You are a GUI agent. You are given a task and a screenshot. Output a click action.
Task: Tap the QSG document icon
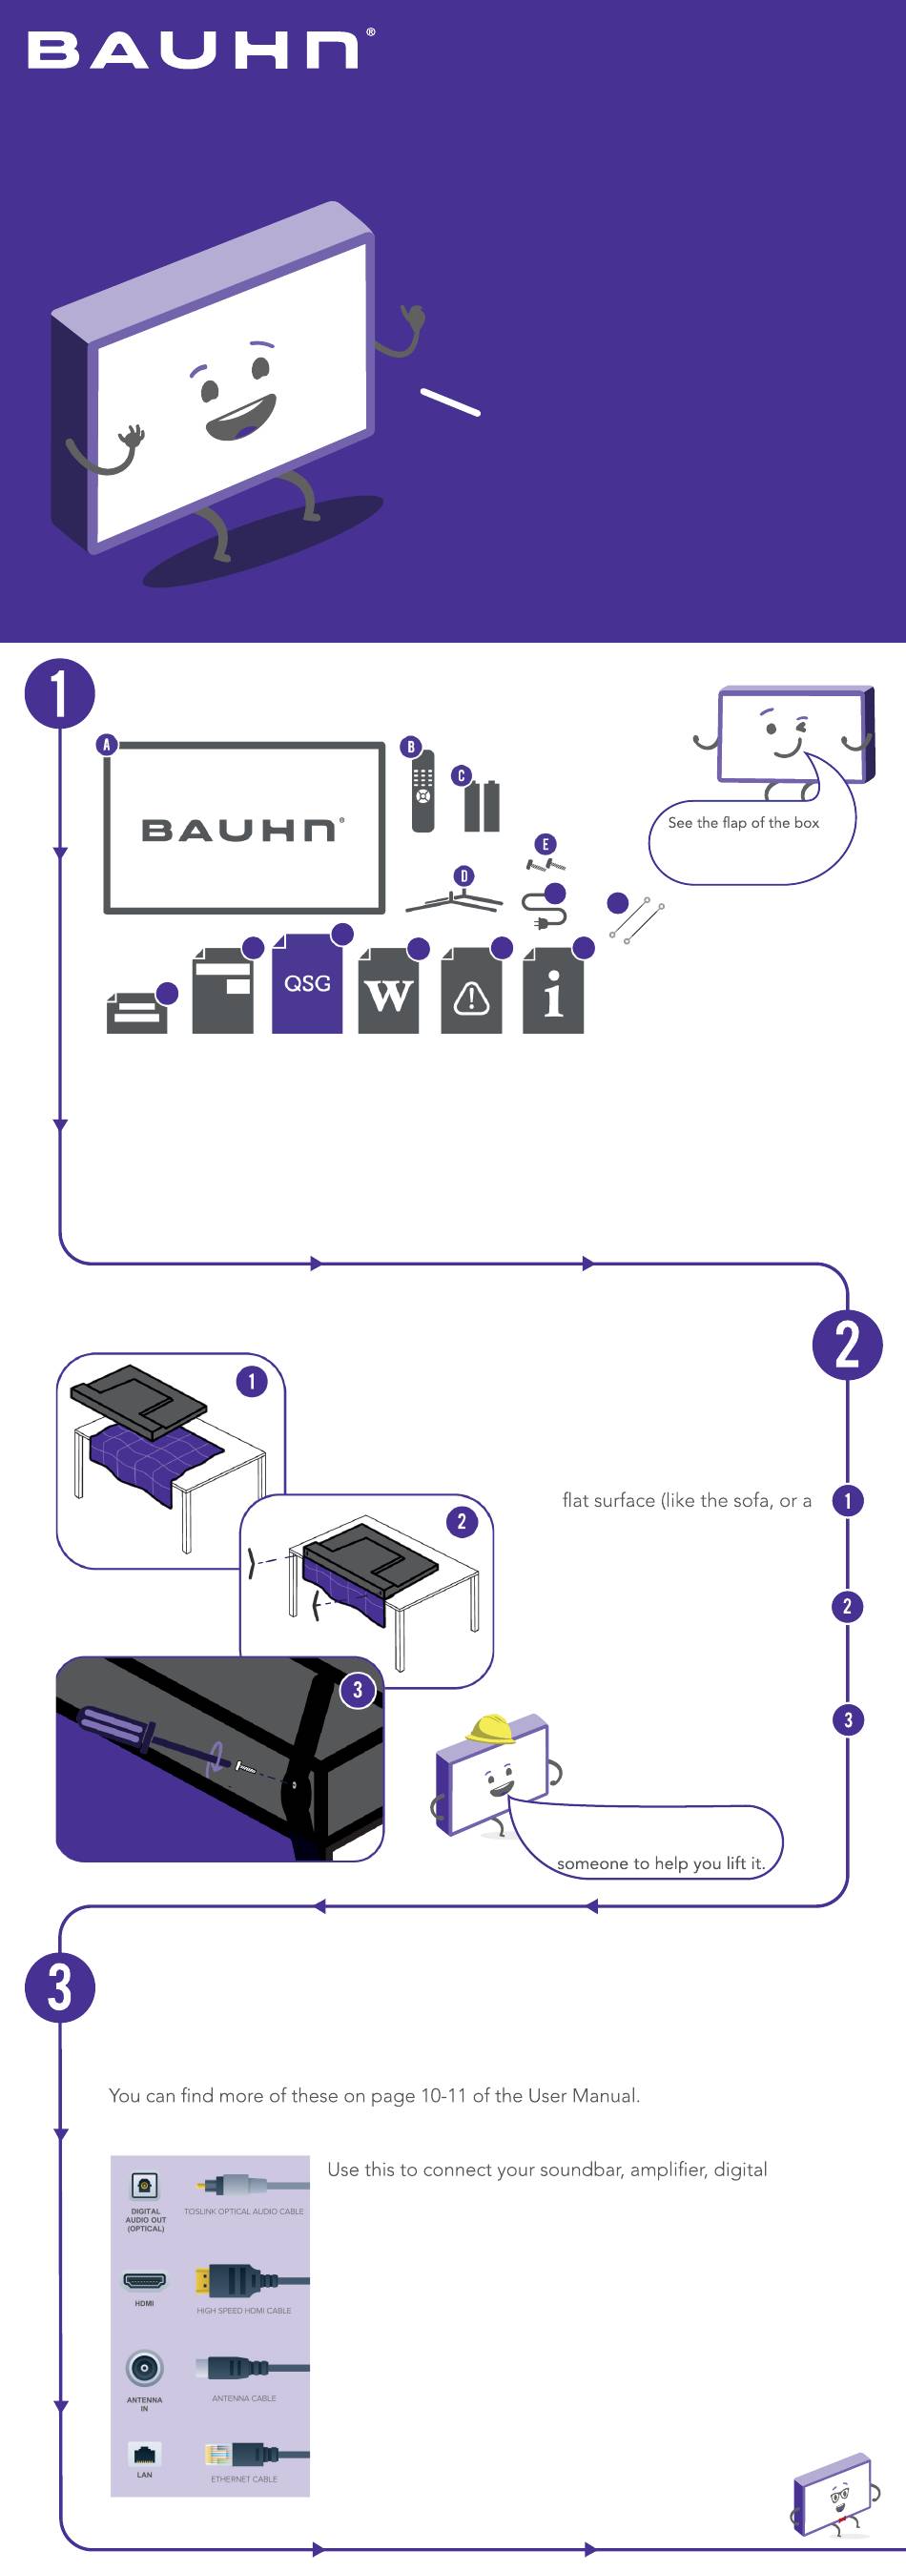click(307, 983)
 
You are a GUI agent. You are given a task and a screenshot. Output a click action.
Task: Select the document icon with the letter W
click(388, 991)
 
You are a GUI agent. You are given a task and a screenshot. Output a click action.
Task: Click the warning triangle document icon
click(472, 991)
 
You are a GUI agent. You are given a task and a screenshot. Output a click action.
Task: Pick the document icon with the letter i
click(553, 991)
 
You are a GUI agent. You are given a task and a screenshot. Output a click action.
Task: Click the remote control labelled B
click(423, 791)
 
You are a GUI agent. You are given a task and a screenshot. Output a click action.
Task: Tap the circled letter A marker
click(107, 745)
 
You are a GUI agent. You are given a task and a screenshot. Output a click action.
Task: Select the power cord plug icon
click(544, 909)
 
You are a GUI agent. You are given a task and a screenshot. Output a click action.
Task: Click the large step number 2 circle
click(847, 1345)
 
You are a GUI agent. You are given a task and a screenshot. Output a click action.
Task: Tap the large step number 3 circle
click(60, 1986)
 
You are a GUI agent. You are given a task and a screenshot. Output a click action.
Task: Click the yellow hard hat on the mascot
click(492, 1729)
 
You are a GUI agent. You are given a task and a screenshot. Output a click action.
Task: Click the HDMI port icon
click(145, 2279)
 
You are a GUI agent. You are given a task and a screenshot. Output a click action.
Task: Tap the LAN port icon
click(145, 2454)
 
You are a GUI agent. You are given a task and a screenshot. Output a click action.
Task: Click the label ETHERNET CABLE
click(244, 2479)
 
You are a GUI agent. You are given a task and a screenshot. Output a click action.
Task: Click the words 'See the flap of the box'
click(743, 822)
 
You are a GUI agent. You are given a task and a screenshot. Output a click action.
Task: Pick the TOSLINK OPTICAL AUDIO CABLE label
click(243, 2211)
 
